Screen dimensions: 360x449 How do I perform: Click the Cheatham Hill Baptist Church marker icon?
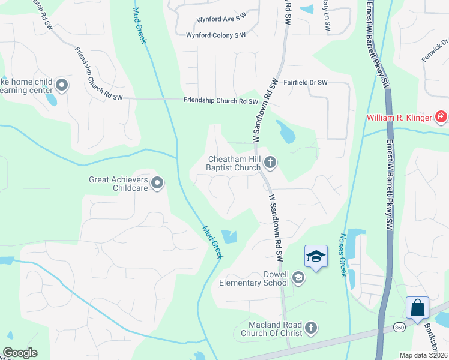click(x=271, y=161)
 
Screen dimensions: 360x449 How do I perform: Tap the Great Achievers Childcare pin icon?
click(x=157, y=183)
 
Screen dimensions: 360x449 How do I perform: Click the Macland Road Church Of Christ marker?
click(x=310, y=328)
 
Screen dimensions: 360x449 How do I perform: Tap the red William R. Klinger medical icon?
click(x=441, y=116)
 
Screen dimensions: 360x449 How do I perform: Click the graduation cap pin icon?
click(x=316, y=257)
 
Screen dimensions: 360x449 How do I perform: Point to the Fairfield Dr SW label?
click(x=306, y=82)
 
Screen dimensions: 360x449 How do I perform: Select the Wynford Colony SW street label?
click(x=216, y=35)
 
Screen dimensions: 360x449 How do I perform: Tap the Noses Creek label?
click(x=344, y=254)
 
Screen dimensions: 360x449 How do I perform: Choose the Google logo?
click(x=20, y=353)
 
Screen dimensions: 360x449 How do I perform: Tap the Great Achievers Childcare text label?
click(x=118, y=183)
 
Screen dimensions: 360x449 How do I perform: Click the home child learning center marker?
click(x=63, y=84)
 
